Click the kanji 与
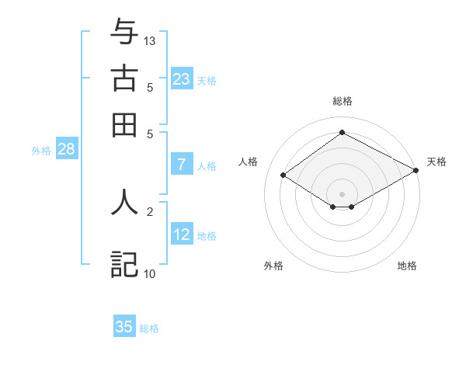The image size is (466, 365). pos(124,33)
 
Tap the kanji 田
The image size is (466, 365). pos(124,124)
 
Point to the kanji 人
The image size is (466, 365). pos(124,201)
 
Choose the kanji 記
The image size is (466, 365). pos(124,263)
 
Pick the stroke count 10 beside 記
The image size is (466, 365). pos(150,273)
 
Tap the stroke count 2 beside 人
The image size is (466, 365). pos(150,210)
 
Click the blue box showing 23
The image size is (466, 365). pos(182,78)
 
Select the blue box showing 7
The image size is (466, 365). pos(182,164)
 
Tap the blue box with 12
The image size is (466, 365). pos(182,235)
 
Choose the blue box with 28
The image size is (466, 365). pos(66,149)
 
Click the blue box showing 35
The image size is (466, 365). pos(124,327)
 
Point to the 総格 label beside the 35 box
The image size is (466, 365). pos(149,328)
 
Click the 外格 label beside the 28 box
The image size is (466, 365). pos(41,151)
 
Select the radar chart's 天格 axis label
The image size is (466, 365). pos(436,162)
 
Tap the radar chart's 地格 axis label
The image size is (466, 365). pos(407,266)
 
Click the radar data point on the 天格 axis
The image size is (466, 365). pos(417,171)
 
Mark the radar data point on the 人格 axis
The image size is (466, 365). pos(283,176)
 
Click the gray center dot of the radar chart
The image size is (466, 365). pos(342,193)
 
